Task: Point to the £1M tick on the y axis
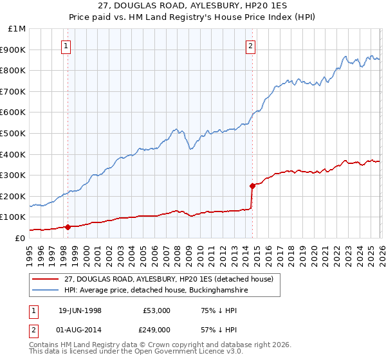coord(17,29)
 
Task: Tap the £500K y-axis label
coord(15,133)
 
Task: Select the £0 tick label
coord(20,238)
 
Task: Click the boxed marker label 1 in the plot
coord(68,46)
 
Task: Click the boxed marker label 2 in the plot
coord(250,46)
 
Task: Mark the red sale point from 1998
coord(68,226)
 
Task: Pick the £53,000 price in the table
coord(157,310)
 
